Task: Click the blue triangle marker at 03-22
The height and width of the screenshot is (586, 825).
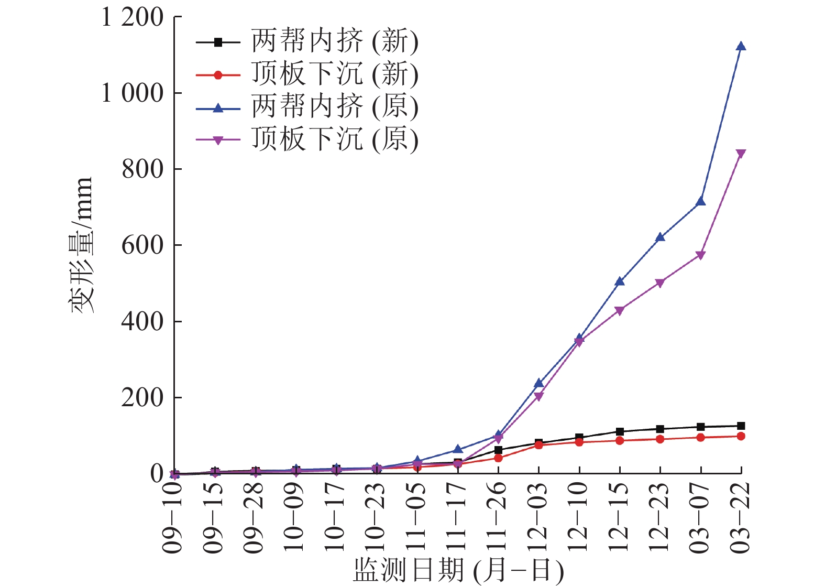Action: (741, 47)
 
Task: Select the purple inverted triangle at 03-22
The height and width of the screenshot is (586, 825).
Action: (741, 154)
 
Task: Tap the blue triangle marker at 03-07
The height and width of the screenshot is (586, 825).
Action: (700, 202)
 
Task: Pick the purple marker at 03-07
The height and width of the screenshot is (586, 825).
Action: (700, 255)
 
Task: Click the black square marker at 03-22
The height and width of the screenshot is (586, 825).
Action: (741, 426)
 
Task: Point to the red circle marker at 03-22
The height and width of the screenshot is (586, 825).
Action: (741, 436)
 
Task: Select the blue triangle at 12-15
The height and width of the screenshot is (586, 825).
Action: (620, 281)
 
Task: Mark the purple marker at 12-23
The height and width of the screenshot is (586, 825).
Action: (660, 283)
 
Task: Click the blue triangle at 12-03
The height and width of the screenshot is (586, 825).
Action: (538, 383)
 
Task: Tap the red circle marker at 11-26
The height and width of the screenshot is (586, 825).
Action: (498, 458)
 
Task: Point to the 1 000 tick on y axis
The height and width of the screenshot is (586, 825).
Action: (133, 93)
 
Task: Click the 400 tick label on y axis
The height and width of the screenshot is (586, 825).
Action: (142, 321)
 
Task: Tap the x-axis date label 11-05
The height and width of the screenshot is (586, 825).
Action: (416, 517)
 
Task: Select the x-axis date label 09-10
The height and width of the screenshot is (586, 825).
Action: (173, 517)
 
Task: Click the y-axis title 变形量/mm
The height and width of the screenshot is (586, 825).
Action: (82, 245)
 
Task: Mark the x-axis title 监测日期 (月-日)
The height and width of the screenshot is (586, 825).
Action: (458, 571)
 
